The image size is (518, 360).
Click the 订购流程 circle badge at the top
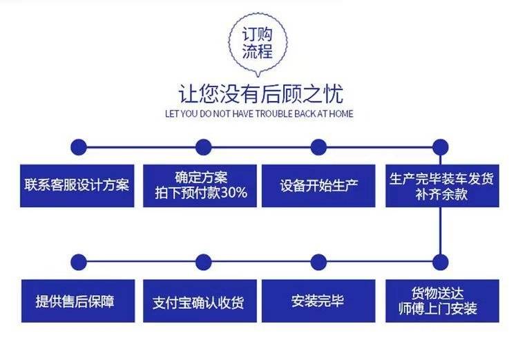point(257,43)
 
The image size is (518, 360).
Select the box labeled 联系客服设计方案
point(77,185)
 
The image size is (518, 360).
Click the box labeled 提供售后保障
point(77,301)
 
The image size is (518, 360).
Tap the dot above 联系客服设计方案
point(79,146)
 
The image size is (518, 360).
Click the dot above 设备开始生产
point(318,146)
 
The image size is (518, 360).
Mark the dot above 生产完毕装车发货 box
point(441,146)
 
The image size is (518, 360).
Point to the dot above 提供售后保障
point(79,262)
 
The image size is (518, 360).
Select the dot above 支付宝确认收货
point(203,262)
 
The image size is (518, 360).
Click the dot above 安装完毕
point(318,262)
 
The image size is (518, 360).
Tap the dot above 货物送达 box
point(441,262)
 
